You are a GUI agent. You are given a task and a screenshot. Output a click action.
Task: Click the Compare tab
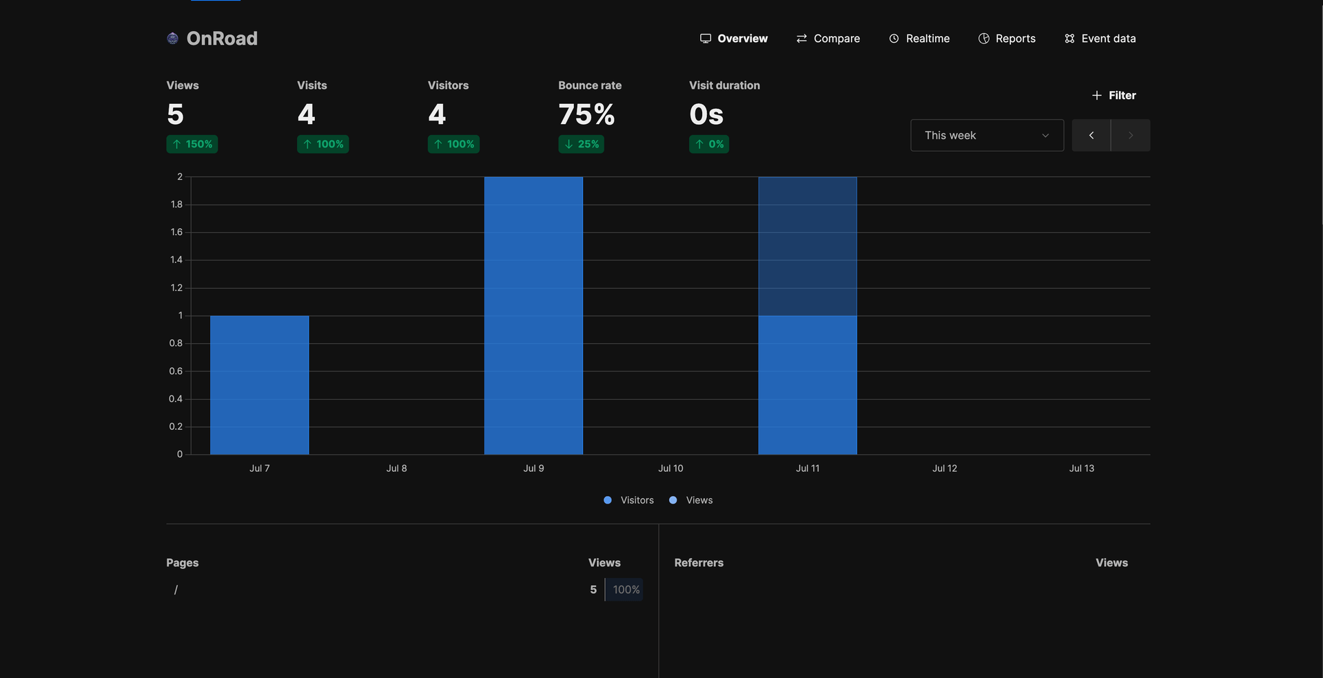tap(828, 39)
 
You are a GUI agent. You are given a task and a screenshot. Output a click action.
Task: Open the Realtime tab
tap(919, 39)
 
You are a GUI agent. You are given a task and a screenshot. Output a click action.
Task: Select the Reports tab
tap(1007, 39)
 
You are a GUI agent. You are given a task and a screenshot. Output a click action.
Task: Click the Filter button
tap(1114, 95)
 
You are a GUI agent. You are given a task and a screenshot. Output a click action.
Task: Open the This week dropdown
tap(987, 135)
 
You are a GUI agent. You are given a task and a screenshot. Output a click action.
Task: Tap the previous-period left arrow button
tap(1091, 135)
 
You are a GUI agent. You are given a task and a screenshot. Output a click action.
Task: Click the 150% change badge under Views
tap(192, 144)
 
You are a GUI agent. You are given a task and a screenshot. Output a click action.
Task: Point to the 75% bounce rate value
tap(586, 114)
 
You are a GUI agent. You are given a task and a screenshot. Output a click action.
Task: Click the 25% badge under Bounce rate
tap(581, 144)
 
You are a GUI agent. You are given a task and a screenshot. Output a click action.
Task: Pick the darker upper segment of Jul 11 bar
tap(808, 246)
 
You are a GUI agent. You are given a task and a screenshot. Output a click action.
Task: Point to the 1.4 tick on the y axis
tap(176, 260)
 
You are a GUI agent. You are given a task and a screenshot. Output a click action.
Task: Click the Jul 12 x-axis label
tap(944, 468)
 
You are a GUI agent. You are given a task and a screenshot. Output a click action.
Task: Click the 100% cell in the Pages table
tap(626, 590)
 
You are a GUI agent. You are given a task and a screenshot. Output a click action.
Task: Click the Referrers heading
tap(699, 563)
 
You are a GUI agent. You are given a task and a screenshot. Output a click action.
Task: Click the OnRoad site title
tap(221, 39)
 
